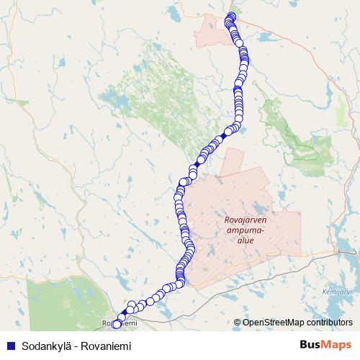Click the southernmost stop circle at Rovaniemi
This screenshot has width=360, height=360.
pyautogui.click(x=117, y=325)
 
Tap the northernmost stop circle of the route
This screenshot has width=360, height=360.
pyautogui.click(x=231, y=16)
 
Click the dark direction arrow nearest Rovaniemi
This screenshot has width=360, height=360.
pyautogui.click(x=125, y=312)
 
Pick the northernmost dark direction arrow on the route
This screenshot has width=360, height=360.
pyautogui.click(x=225, y=135)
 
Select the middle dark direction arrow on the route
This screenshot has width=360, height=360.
pyautogui.click(x=197, y=164)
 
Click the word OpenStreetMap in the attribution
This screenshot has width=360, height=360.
pyautogui.click(x=271, y=322)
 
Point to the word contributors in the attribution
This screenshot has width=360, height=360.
pyautogui.click(x=325, y=322)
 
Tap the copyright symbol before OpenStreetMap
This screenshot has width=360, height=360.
pyautogui.click(x=238, y=322)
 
